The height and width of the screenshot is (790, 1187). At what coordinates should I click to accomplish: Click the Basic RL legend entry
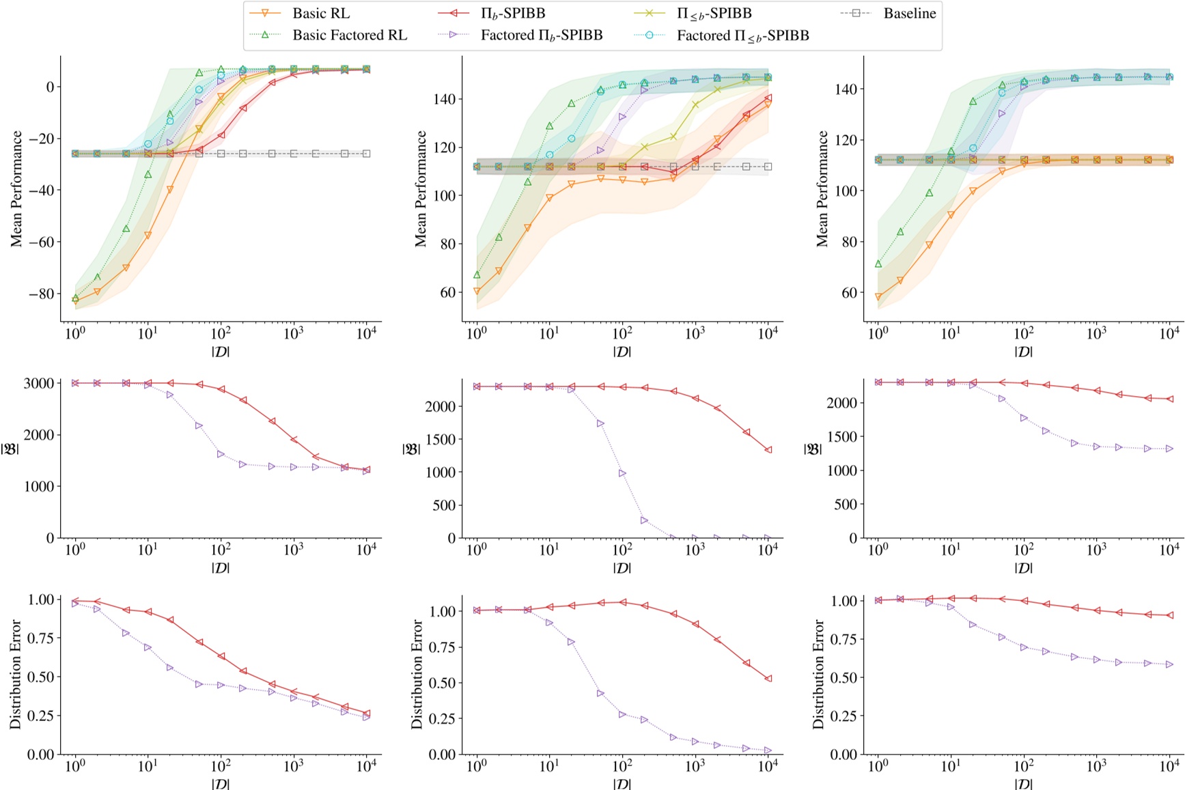click(x=320, y=13)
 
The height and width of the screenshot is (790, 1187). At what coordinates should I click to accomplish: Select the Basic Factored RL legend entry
click(x=349, y=35)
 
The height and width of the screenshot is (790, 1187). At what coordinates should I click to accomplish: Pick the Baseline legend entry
click(x=909, y=13)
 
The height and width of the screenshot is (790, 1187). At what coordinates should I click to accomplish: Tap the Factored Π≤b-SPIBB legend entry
click(x=742, y=36)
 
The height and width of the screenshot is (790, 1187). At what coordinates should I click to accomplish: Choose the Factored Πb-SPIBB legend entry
click(x=541, y=36)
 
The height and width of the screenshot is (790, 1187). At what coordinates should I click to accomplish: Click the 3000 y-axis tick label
click(x=40, y=383)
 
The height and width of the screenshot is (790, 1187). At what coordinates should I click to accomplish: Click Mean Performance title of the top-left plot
click(x=16, y=188)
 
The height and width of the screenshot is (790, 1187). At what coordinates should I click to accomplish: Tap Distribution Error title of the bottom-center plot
click(x=418, y=674)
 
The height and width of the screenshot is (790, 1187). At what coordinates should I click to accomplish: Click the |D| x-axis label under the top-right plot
click(x=1023, y=352)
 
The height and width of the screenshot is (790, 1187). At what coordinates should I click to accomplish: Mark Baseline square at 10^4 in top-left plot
click(x=367, y=154)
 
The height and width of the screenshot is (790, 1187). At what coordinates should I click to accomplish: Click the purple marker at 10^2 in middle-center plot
click(x=622, y=473)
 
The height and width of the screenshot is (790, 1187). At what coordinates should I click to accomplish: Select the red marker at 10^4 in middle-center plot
click(x=768, y=450)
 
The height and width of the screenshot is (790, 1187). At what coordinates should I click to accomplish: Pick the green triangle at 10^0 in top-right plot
click(x=878, y=264)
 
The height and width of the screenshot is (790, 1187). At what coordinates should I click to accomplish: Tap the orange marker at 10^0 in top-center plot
click(x=477, y=292)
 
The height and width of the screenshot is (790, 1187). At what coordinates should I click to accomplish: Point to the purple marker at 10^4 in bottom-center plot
click(x=768, y=750)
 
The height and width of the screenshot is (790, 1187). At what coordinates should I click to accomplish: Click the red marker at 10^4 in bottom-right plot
click(x=1170, y=615)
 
